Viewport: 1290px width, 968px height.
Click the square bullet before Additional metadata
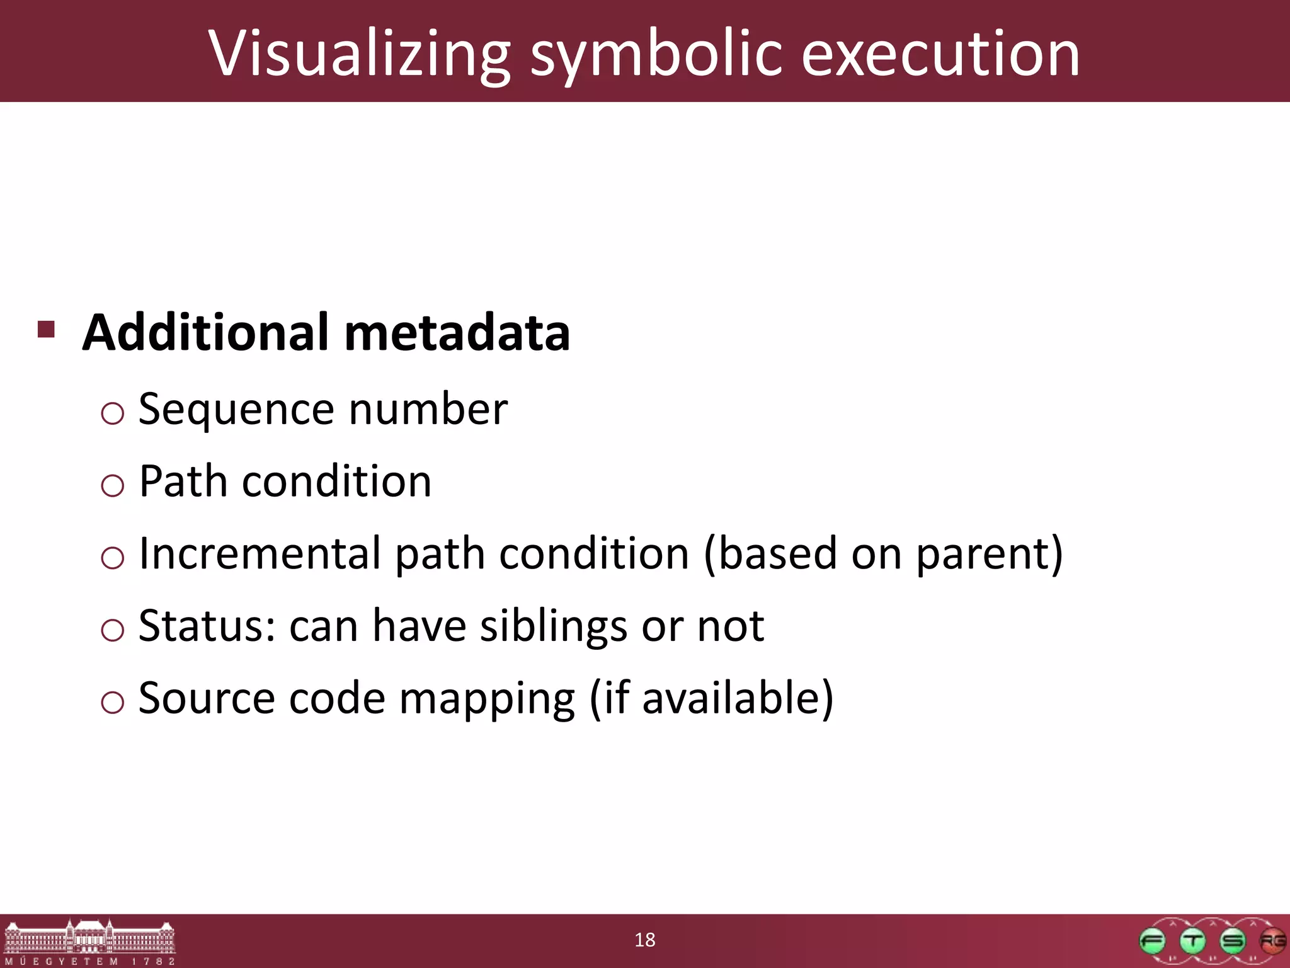[46, 329]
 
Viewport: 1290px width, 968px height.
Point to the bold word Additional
[206, 332]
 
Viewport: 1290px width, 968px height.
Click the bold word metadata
[457, 332]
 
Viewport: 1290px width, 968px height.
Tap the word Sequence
[236, 410]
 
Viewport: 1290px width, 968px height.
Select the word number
[428, 410]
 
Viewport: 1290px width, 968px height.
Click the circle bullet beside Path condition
[112, 485]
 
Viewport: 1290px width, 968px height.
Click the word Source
[207, 698]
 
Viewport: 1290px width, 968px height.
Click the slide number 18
[645, 940]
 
